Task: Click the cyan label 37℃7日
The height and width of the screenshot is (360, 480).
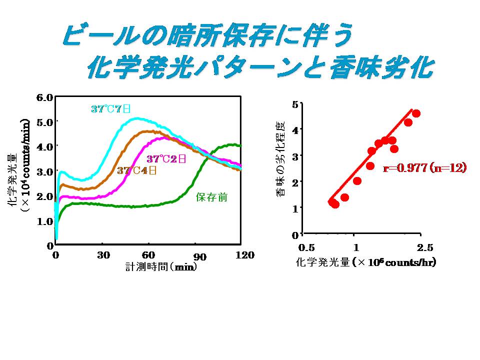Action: tap(110, 108)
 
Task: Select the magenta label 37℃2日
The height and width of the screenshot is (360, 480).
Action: tap(166, 159)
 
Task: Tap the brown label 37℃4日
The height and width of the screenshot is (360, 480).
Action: tap(137, 170)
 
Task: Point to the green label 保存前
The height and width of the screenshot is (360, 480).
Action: tap(211, 197)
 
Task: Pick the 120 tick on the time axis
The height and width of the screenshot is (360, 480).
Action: tap(244, 255)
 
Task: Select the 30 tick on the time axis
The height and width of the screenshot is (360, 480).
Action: tap(103, 255)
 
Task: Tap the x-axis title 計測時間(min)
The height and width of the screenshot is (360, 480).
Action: tap(160, 266)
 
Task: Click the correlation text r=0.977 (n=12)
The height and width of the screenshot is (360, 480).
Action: tap(424, 168)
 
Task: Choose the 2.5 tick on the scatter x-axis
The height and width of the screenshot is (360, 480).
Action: tap(424, 247)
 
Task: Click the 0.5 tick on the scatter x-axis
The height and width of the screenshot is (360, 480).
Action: tap(306, 247)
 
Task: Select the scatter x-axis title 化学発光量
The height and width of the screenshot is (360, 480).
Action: tap(365, 261)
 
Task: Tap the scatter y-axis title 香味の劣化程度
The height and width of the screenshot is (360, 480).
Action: tap(280, 158)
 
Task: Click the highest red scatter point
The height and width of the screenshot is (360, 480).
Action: tap(416, 113)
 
